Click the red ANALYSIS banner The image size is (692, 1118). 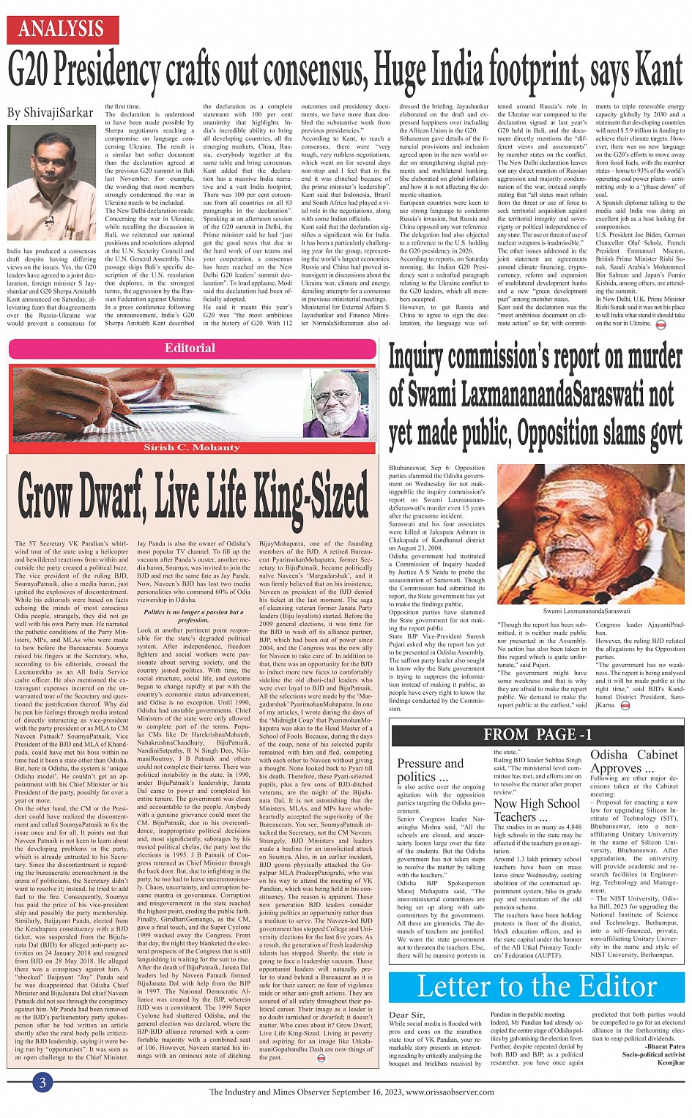(x=61, y=29)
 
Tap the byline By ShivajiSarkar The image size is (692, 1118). (x=51, y=113)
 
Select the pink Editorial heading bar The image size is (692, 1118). (x=190, y=348)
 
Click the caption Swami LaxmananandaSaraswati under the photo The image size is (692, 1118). (x=586, y=611)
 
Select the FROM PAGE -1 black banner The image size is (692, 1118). (x=537, y=734)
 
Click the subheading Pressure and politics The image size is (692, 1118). (x=430, y=769)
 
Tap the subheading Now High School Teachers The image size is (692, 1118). (x=536, y=810)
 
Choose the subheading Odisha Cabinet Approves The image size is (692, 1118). (x=634, y=761)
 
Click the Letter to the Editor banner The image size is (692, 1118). (x=537, y=986)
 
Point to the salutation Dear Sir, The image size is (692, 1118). (x=406, y=1015)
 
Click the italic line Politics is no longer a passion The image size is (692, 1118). (x=193, y=616)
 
